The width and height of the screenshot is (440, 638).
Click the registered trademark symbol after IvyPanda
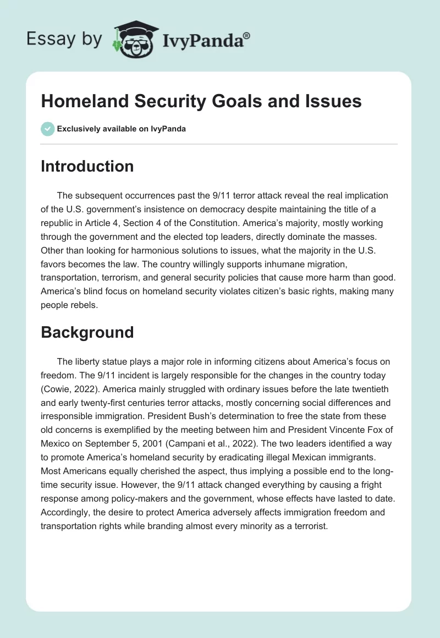pos(246,35)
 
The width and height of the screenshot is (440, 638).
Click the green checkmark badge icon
pos(47,129)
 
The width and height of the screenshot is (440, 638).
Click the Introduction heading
pos(87,166)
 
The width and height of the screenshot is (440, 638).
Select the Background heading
pos(87,332)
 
